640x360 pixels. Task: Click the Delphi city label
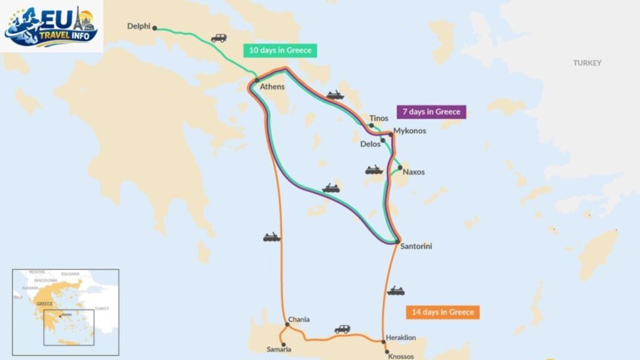click(139, 26)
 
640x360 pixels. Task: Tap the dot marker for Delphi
click(155, 27)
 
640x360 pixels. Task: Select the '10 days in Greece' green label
click(280, 51)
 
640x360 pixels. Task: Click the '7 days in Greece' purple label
click(431, 112)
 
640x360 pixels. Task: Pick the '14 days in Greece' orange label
click(442, 312)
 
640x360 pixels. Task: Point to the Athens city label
click(272, 87)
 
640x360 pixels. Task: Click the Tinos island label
click(379, 118)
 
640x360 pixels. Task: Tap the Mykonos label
click(409, 131)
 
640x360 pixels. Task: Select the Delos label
click(370, 144)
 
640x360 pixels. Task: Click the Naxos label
click(414, 172)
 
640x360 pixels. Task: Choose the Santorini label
click(416, 246)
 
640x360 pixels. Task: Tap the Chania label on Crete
click(299, 319)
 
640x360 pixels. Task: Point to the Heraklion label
click(401, 337)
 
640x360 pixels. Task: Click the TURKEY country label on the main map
click(587, 63)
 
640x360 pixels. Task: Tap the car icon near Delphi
click(219, 38)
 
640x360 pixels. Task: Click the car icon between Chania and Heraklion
click(342, 329)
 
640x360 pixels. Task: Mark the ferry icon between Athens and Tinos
click(335, 96)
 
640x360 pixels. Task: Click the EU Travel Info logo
click(51, 26)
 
